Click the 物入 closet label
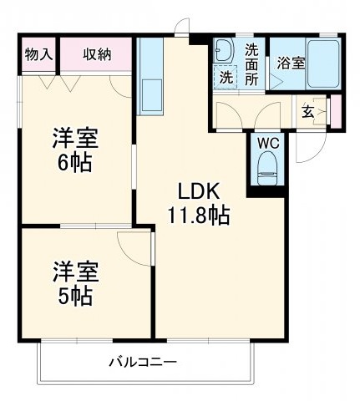38,55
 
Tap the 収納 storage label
97,55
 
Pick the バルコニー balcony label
141,363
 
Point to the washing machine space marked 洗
226,77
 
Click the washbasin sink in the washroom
223,52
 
